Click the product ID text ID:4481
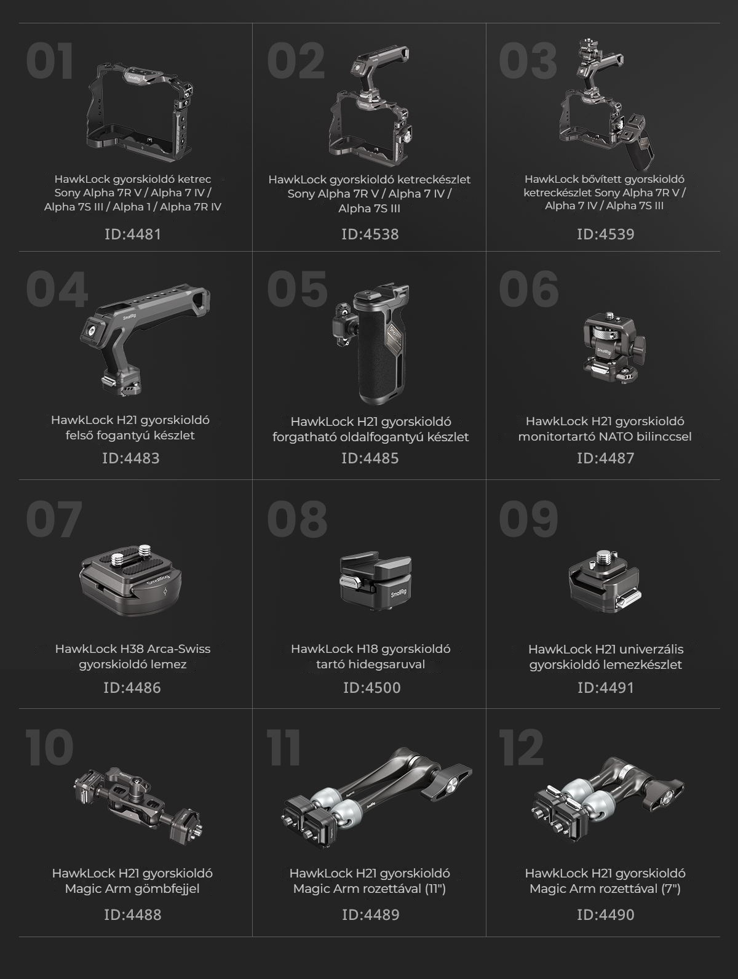(x=132, y=234)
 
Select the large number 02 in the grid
(x=295, y=61)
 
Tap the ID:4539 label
(x=605, y=234)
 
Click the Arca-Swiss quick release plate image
(x=131, y=580)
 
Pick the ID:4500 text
(x=371, y=688)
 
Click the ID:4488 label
(x=132, y=915)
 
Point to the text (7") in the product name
(x=671, y=889)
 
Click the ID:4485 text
(x=370, y=458)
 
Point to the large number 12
(x=522, y=747)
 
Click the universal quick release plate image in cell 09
(x=605, y=580)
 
